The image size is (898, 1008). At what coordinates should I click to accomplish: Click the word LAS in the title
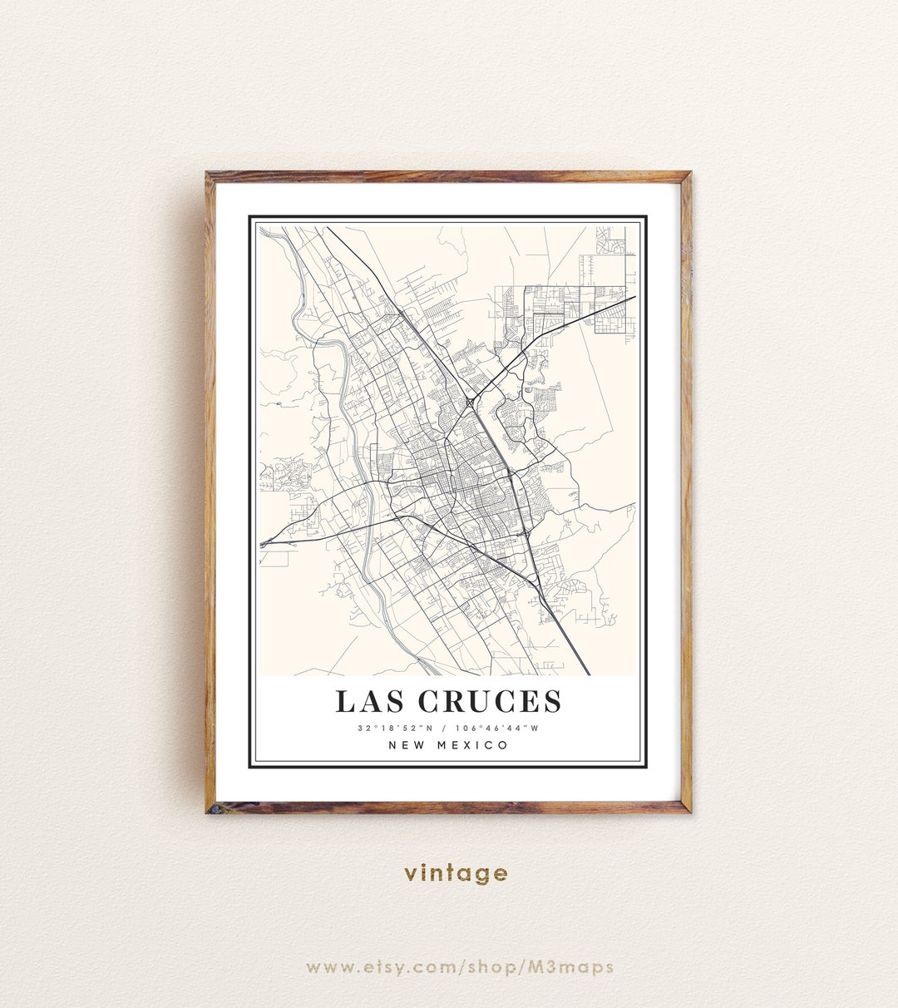click(x=370, y=702)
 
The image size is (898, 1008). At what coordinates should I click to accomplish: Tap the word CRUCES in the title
click(x=490, y=702)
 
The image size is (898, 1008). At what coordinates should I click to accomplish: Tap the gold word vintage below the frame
click(x=456, y=873)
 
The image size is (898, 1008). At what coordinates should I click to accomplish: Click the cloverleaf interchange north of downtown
click(x=471, y=403)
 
